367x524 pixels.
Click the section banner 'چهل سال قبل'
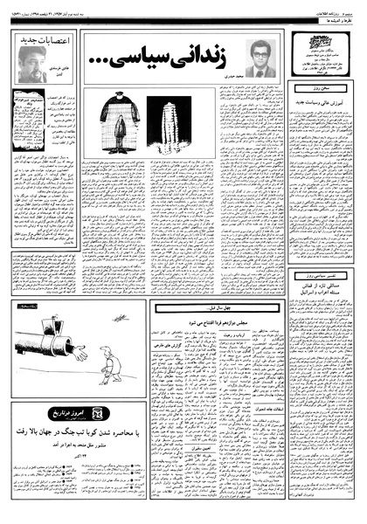(x=216, y=308)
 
